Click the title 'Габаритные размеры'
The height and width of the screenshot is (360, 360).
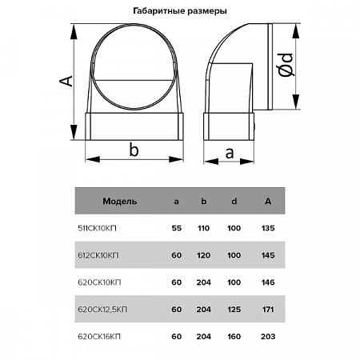tap(180, 11)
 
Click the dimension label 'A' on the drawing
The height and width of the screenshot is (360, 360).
tap(66, 81)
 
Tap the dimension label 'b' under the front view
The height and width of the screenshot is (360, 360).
tap(134, 150)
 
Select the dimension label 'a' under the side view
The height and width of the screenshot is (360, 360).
tap(230, 154)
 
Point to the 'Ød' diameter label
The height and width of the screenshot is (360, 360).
tap(286, 65)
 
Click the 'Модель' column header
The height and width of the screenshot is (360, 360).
tap(120, 201)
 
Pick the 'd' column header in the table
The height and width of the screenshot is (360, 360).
tap(234, 201)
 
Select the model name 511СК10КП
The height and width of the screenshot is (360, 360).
tap(97, 228)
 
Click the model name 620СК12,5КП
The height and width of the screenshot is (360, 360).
tap(102, 310)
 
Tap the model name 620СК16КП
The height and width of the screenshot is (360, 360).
tap(99, 337)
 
